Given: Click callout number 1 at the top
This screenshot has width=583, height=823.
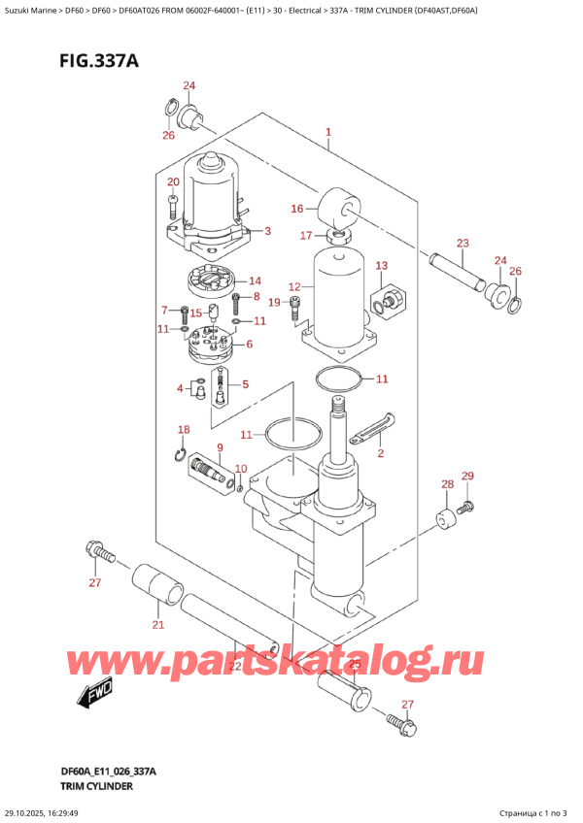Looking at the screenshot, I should pyautogui.click(x=328, y=132).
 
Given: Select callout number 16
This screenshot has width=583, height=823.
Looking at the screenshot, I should pyautogui.click(x=297, y=208).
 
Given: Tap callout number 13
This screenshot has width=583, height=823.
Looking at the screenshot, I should pyautogui.click(x=381, y=265).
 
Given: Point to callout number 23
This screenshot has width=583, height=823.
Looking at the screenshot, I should pyautogui.click(x=463, y=243).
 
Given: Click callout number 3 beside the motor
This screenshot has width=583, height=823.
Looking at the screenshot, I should pyautogui.click(x=267, y=231).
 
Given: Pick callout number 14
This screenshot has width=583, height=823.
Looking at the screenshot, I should pyautogui.click(x=255, y=280).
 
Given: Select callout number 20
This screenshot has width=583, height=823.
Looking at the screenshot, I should pyautogui.click(x=173, y=182).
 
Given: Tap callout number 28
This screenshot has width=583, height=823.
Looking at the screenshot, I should pyautogui.click(x=446, y=484).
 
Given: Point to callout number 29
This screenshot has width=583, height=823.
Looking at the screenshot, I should pyautogui.click(x=467, y=476).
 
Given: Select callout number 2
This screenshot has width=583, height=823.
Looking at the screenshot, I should pyautogui.click(x=381, y=452).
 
